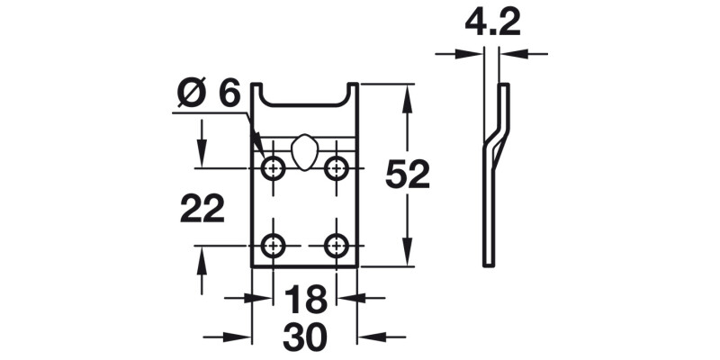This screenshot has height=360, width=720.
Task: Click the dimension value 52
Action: point(407,175)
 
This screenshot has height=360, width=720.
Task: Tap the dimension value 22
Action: point(202,210)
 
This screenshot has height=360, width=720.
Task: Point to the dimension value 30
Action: point(304,338)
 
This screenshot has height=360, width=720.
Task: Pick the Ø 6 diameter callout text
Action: point(209,94)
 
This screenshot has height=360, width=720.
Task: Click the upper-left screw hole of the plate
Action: point(273,167)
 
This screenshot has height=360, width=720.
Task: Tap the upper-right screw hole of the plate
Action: point(337,167)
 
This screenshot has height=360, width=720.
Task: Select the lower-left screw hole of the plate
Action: point(273,244)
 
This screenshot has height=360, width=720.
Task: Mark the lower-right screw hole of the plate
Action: point(337,244)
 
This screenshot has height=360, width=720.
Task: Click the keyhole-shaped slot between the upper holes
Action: point(304,150)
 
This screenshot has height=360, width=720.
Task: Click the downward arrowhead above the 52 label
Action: point(408,95)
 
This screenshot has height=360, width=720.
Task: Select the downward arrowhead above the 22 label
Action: point(202,157)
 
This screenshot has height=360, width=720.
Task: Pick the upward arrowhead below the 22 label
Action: point(202,257)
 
